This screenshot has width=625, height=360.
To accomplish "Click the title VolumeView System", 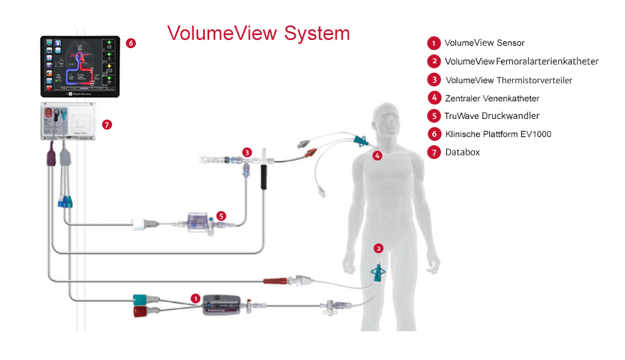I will pyautogui.click(x=258, y=33).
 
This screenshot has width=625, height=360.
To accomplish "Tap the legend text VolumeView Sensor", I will pyautogui.click(x=484, y=43).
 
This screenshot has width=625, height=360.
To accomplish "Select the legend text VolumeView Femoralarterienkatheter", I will pyautogui.click(x=521, y=61).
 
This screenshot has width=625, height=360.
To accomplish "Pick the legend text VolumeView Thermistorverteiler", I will pyautogui.click(x=509, y=80).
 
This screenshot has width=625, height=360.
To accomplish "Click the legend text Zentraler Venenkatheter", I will pyautogui.click(x=492, y=98).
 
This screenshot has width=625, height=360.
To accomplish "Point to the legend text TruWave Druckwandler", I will pyautogui.click(x=492, y=116).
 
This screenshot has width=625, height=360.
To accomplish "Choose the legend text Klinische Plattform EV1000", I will pyautogui.click(x=498, y=134).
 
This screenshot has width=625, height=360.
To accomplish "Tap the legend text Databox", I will pyautogui.click(x=462, y=152).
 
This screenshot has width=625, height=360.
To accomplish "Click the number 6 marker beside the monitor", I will pyautogui.click(x=130, y=43).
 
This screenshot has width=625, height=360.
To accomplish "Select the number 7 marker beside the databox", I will pyautogui.click(x=106, y=125).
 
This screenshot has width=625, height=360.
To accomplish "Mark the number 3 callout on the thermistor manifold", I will pyautogui.click(x=247, y=152).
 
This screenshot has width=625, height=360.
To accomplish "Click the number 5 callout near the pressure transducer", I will pyautogui.click(x=221, y=215).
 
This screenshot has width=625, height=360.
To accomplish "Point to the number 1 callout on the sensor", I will pyautogui.click(x=195, y=299).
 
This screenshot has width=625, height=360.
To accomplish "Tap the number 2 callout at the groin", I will pyautogui.click(x=378, y=248).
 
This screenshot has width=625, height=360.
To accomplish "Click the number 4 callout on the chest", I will pyautogui.click(x=377, y=156).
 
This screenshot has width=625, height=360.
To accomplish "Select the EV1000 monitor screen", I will pyautogui.click(x=80, y=64).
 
